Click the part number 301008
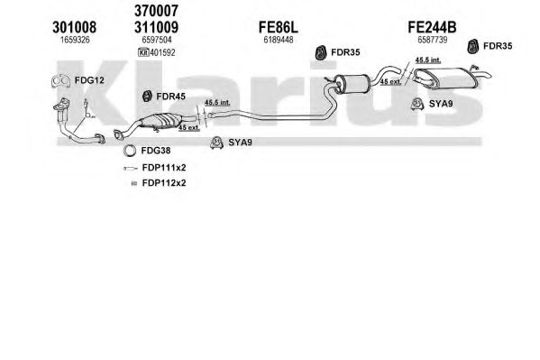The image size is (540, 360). [x=75, y=27]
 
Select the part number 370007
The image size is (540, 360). [x=156, y=11]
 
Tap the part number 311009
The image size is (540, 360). [x=156, y=27]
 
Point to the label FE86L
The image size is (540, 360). [x=279, y=27]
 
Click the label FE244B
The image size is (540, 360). [x=432, y=27]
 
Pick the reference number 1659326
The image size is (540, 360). [x=75, y=40]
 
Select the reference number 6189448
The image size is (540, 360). [x=279, y=40]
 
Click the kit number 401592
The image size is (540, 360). [x=162, y=52]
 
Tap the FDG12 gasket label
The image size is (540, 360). [x=89, y=80]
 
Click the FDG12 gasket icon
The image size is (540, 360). [x=61, y=81]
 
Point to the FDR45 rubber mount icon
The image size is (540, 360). [x=147, y=97]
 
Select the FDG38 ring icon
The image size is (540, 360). [x=130, y=151]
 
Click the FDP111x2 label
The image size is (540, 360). [x=164, y=168]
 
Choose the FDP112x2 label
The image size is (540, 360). [x=164, y=183]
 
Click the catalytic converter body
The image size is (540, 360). [x=160, y=121]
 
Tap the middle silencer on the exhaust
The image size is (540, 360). [x=352, y=84]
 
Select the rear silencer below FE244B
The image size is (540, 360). [x=446, y=78]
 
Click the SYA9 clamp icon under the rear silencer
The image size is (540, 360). [x=417, y=104]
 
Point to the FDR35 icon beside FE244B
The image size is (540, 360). [x=473, y=46]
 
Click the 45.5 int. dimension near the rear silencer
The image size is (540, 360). [x=428, y=60]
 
